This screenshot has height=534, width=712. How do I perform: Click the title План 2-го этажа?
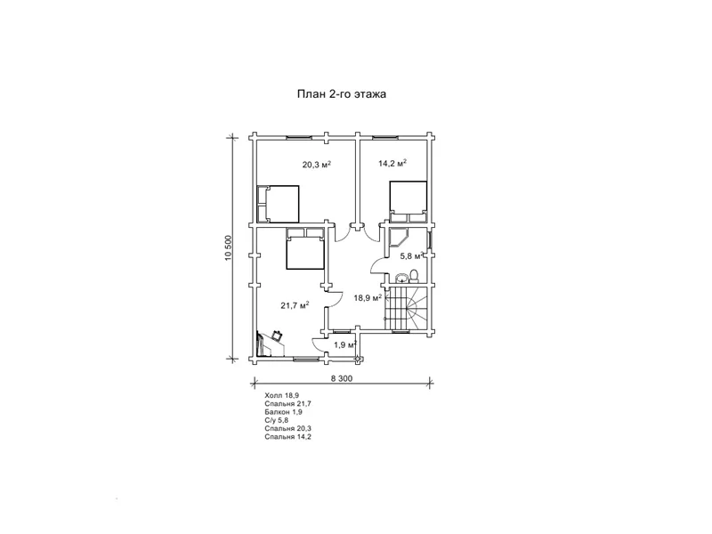(342, 94)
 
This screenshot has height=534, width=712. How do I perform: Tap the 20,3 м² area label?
(317, 164)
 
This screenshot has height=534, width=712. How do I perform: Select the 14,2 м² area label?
(392, 163)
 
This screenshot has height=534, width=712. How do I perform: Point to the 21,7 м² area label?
(295, 305)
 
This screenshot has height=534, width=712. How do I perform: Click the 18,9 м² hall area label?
(368, 298)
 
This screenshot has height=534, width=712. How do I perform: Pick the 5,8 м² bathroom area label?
(411, 255)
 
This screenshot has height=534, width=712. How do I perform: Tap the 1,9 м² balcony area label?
(345, 344)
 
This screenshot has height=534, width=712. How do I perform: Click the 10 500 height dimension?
(229, 248)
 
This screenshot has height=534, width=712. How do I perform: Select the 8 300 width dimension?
(342, 378)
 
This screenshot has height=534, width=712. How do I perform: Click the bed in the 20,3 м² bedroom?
(278, 204)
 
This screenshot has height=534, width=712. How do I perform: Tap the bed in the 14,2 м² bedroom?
(409, 201)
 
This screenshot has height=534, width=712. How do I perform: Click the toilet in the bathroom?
(414, 277)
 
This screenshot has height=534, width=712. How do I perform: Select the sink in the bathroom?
(401, 278)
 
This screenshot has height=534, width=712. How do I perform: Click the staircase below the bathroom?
(406, 308)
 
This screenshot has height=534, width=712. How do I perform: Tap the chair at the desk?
(277, 336)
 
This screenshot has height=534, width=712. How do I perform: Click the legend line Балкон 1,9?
(283, 412)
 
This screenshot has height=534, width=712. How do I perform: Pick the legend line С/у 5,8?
(277, 420)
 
